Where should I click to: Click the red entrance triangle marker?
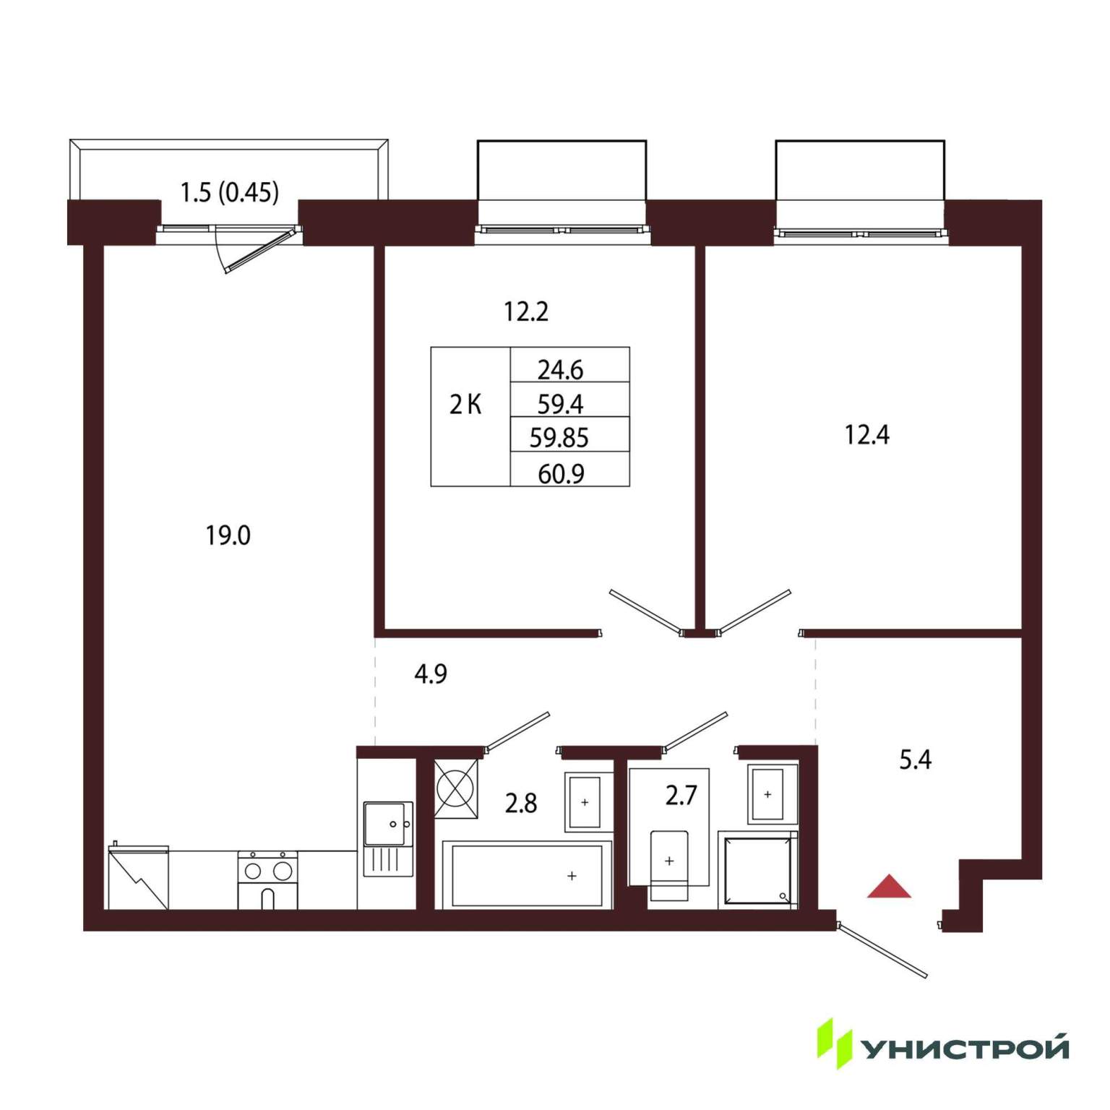(x=889, y=887)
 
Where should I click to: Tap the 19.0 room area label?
(x=228, y=535)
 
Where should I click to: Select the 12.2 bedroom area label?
(x=526, y=311)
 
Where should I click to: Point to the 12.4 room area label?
(x=867, y=435)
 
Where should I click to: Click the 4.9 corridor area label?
(x=431, y=674)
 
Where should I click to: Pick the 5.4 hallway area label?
(x=916, y=760)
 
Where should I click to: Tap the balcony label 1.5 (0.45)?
(x=230, y=192)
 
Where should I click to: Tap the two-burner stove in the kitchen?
(x=267, y=879)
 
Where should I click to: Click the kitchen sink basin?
(x=388, y=824)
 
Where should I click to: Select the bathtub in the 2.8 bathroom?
(x=527, y=874)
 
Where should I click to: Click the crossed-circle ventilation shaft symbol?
(x=456, y=789)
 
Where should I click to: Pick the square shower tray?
(x=758, y=870)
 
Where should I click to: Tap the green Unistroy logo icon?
(x=835, y=1044)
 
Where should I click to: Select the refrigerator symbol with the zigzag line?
(x=138, y=877)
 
